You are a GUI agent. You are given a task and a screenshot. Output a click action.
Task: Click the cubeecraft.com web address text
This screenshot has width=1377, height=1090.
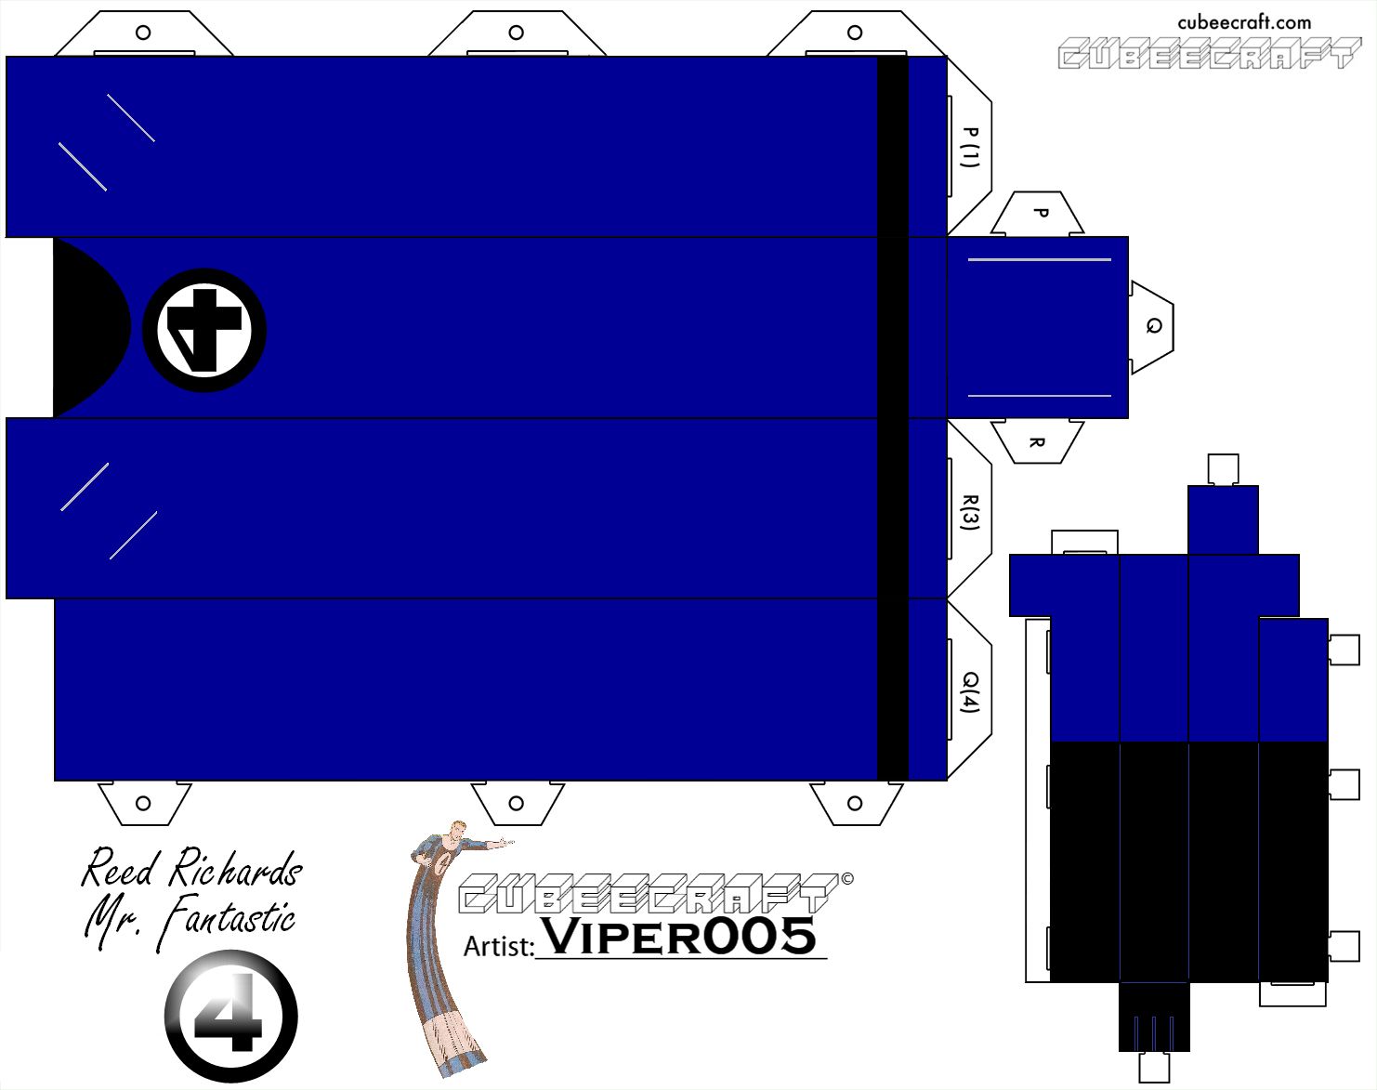(x=1244, y=22)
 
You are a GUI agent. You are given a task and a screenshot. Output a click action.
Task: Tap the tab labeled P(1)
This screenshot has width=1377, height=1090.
(x=970, y=147)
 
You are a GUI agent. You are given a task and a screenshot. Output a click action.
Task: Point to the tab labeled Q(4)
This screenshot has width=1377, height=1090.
(x=970, y=691)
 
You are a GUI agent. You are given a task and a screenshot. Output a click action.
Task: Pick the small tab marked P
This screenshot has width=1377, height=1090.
(x=1038, y=214)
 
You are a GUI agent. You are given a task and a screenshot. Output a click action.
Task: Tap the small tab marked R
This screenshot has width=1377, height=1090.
(x=1037, y=441)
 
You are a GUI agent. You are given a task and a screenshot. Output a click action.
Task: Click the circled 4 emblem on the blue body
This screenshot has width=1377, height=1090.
(x=204, y=330)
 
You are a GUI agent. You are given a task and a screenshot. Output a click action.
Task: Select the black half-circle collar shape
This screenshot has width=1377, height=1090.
(x=89, y=328)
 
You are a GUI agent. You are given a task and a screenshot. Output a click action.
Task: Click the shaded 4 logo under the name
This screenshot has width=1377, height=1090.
(x=231, y=1016)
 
